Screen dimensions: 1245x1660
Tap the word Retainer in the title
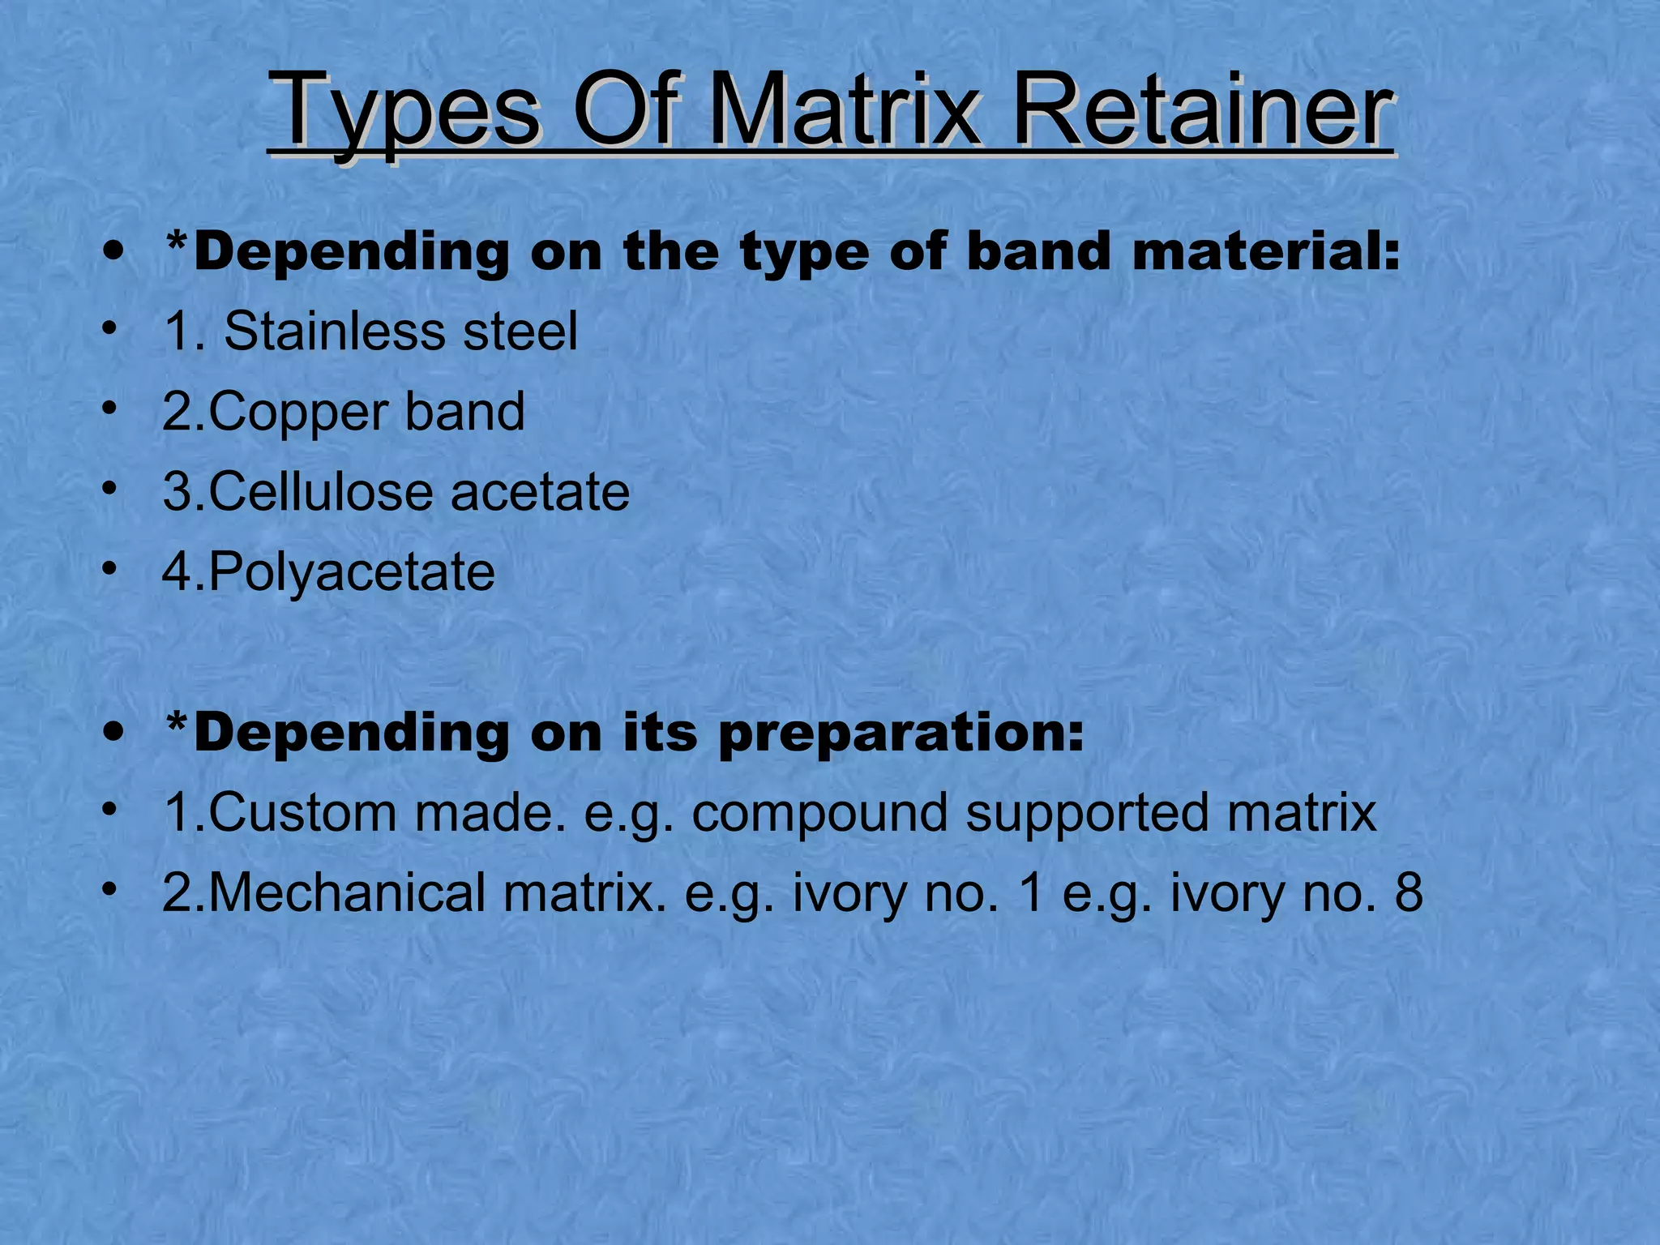click(x=1202, y=111)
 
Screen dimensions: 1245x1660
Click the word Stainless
click(x=333, y=332)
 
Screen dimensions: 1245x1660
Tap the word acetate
click(x=540, y=493)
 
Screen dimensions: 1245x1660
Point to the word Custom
click(x=302, y=812)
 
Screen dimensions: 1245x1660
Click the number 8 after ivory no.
click(x=1409, y=892)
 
